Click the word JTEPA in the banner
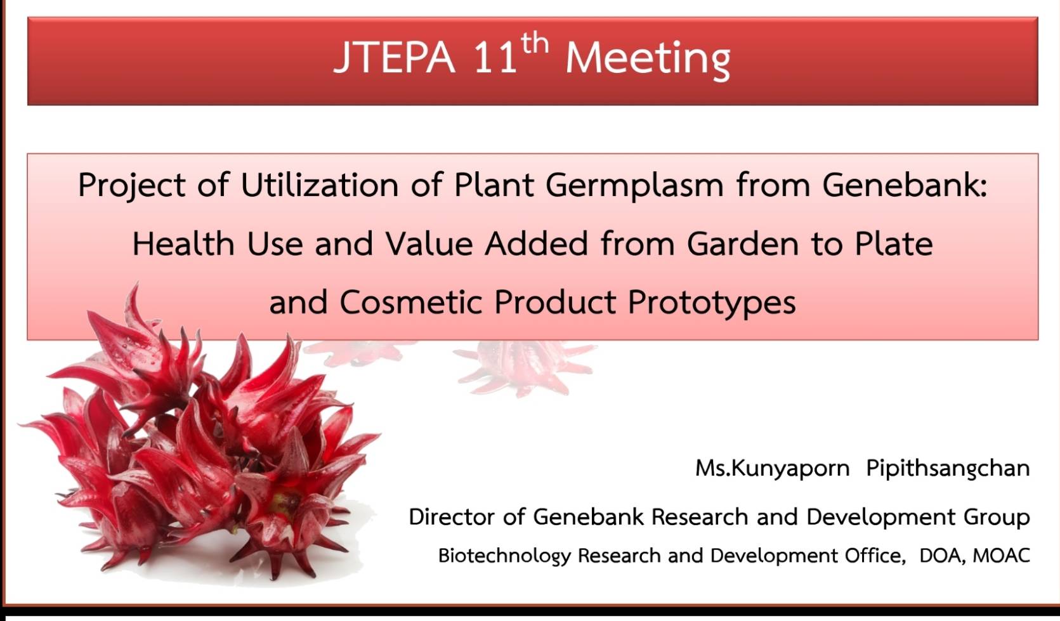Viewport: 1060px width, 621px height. (394, 58)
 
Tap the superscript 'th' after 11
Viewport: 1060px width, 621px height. (535, 44)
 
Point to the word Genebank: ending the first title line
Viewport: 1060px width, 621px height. (905, 185)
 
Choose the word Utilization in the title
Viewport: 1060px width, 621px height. (320, 185)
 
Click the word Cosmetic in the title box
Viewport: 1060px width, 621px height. (411, 302)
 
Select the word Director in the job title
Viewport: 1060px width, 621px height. (452, 516)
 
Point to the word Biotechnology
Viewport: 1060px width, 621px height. (504, 556)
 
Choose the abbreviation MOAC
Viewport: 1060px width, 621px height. (1001, 555)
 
